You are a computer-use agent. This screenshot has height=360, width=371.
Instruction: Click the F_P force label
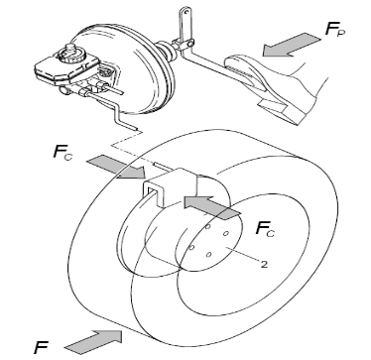coord(334,30)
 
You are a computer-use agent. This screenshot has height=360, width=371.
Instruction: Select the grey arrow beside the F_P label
coord(291,45)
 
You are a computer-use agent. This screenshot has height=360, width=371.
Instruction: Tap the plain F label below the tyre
coord(41,347)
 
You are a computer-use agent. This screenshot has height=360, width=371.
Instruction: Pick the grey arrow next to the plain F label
coord(93,341)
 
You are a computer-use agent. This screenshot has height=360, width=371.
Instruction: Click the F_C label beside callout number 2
coord(265,229)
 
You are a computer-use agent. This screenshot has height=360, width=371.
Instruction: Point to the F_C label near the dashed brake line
coord(62,153)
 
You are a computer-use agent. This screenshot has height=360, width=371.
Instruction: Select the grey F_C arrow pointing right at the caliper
coord(116,168)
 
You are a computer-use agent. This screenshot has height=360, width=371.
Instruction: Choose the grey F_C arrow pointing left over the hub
coord(212,206)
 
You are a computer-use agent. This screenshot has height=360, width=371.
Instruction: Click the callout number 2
coord(264,264)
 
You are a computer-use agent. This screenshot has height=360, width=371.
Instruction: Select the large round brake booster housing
coord(132,71)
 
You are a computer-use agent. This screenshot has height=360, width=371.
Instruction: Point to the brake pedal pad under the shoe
coord(245,71)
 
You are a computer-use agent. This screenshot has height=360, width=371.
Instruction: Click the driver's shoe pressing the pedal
coord(291,89)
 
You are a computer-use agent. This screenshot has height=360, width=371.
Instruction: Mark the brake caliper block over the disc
coord(171,186)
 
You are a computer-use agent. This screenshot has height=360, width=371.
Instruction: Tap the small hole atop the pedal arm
coord(186,12)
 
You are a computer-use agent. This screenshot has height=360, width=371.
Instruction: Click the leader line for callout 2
coord(243,255)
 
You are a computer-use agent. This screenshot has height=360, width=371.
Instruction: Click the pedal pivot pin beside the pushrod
coord(189,43)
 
